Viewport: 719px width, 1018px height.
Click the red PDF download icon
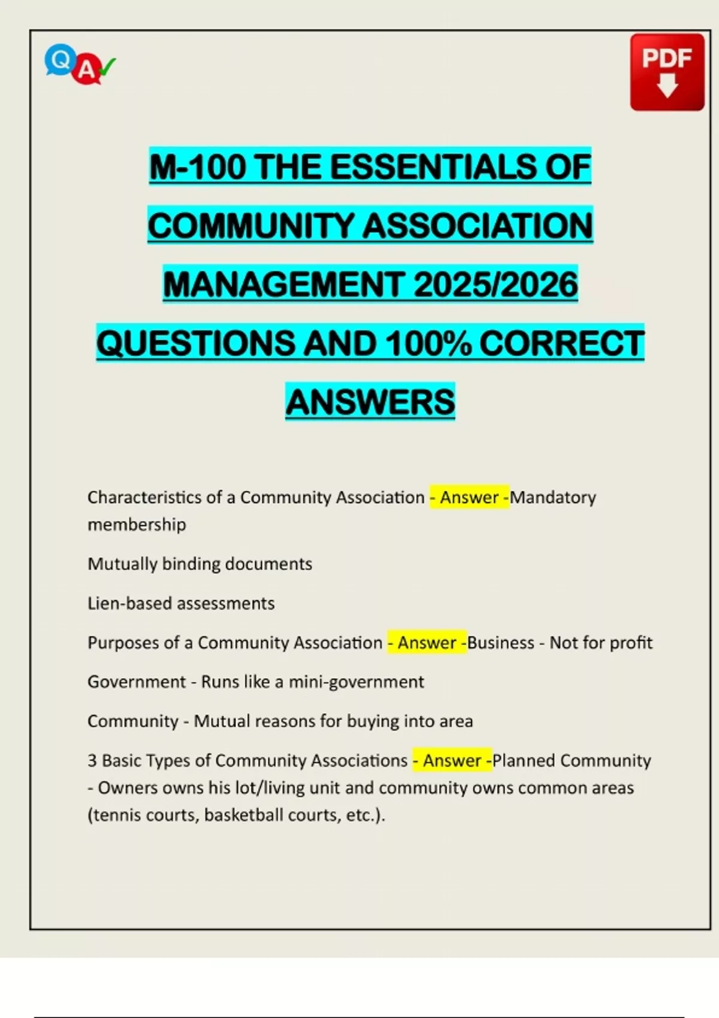point(667,72)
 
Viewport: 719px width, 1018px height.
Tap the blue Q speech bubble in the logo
point(59,60)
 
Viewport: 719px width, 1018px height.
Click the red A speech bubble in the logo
point(86,71)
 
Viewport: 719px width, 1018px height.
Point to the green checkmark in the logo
point(107,66)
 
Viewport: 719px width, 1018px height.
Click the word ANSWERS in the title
point(370,402)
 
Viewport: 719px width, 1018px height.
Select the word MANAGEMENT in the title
point(283,284)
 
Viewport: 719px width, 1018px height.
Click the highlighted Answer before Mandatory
point(469,497)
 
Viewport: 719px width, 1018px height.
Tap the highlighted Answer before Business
point(427,643)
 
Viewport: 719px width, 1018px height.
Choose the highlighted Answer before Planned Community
point(452,761)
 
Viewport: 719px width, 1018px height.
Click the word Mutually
point(122,564)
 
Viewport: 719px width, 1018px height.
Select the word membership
point(137,525)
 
